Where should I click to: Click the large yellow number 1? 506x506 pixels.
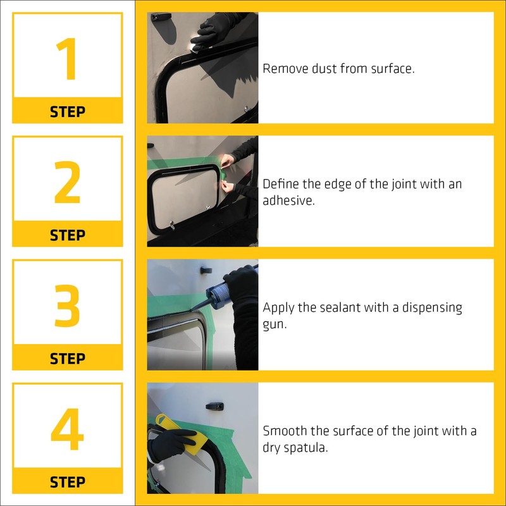tap(67, 59)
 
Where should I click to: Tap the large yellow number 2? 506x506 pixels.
tap(67, 182)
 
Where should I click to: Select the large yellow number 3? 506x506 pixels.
tap(67, 305)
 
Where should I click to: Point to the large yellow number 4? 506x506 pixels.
tap(67, 429)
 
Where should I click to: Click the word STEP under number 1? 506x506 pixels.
tap(68, 112)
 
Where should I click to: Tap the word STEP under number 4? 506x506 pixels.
tap(68, 482)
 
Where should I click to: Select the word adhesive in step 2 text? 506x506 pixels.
tap(288, 201)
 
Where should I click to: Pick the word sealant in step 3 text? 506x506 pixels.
tap(343, 307)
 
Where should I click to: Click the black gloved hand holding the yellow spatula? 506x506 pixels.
tap(171, 445)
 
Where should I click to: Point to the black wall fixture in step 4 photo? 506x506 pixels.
tap(214, 406)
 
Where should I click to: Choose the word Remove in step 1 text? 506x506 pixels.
tap(285, 69)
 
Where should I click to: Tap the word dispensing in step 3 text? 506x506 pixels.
tap(432, 308)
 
